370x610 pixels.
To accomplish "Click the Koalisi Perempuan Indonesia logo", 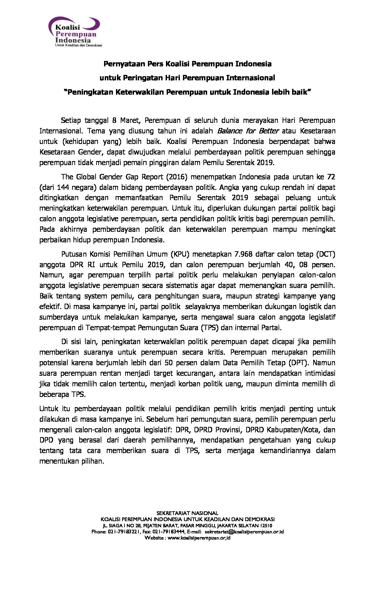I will tap(75, 32).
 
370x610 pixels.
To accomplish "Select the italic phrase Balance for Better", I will tap(248, 131).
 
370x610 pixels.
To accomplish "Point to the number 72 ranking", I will tap(331, 177).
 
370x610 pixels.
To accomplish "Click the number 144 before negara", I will tap(63, 188).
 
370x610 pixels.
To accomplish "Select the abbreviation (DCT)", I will tap(326, 254).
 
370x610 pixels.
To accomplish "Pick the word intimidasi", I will tap(320, 373).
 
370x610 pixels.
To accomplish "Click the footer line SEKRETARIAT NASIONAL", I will tap(187, 513).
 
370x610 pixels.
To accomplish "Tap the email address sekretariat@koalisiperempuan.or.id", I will tap(244, 532).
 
